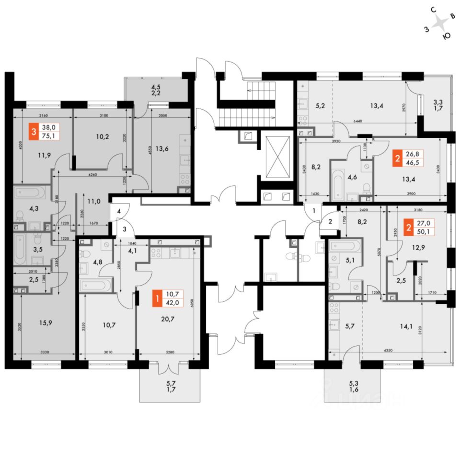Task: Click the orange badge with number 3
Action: click(x=33, y=132)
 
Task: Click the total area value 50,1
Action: click(x=424, y=231)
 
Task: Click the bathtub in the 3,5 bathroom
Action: click(x=20, y=249)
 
